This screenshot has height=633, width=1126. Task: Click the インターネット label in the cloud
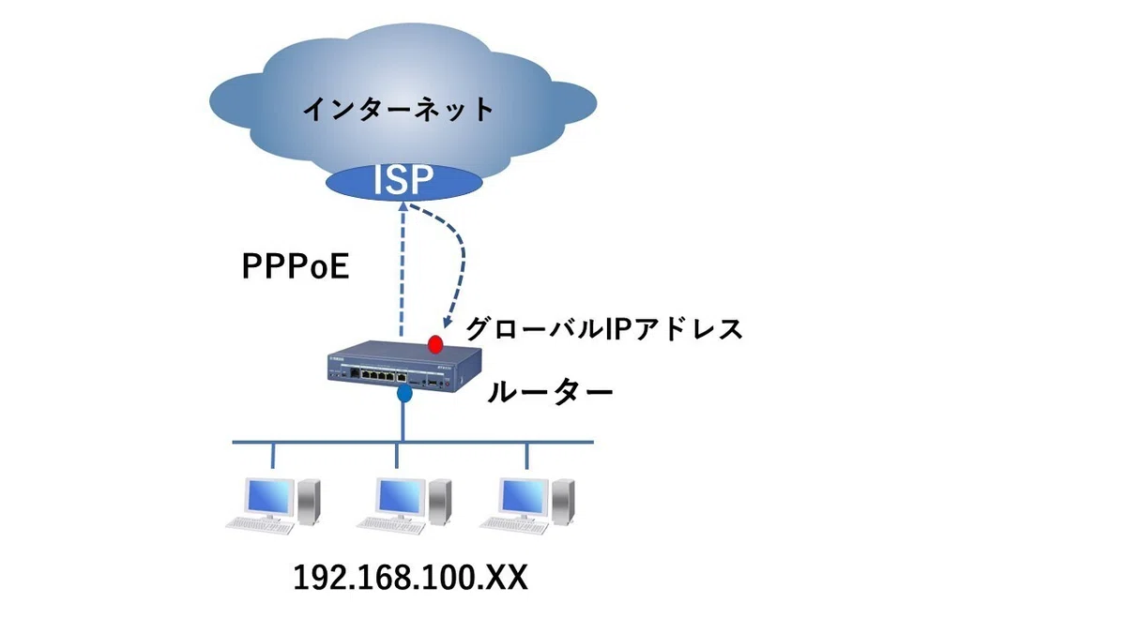pos(398,109)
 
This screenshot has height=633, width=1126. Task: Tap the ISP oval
pos(404,181)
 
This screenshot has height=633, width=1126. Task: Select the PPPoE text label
pos(296,266)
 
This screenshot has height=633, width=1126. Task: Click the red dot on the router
pos(435,343)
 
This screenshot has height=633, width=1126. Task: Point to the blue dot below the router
pos(404,393)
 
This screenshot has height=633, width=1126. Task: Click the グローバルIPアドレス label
pos(603,329)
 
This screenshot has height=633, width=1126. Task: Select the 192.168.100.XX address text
pos(410,578)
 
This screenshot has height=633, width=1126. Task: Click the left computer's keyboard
pos(260,525)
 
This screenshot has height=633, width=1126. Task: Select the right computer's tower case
pos(564,502)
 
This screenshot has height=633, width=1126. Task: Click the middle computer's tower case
pos(440,502)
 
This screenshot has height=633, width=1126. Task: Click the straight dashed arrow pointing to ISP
pos(403,269)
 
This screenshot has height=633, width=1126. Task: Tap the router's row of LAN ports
pos(381,375)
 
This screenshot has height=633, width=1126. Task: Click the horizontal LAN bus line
pos(413,443)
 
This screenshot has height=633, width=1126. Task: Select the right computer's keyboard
pos(514,525)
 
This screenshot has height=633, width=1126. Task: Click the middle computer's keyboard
pos(391,525)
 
